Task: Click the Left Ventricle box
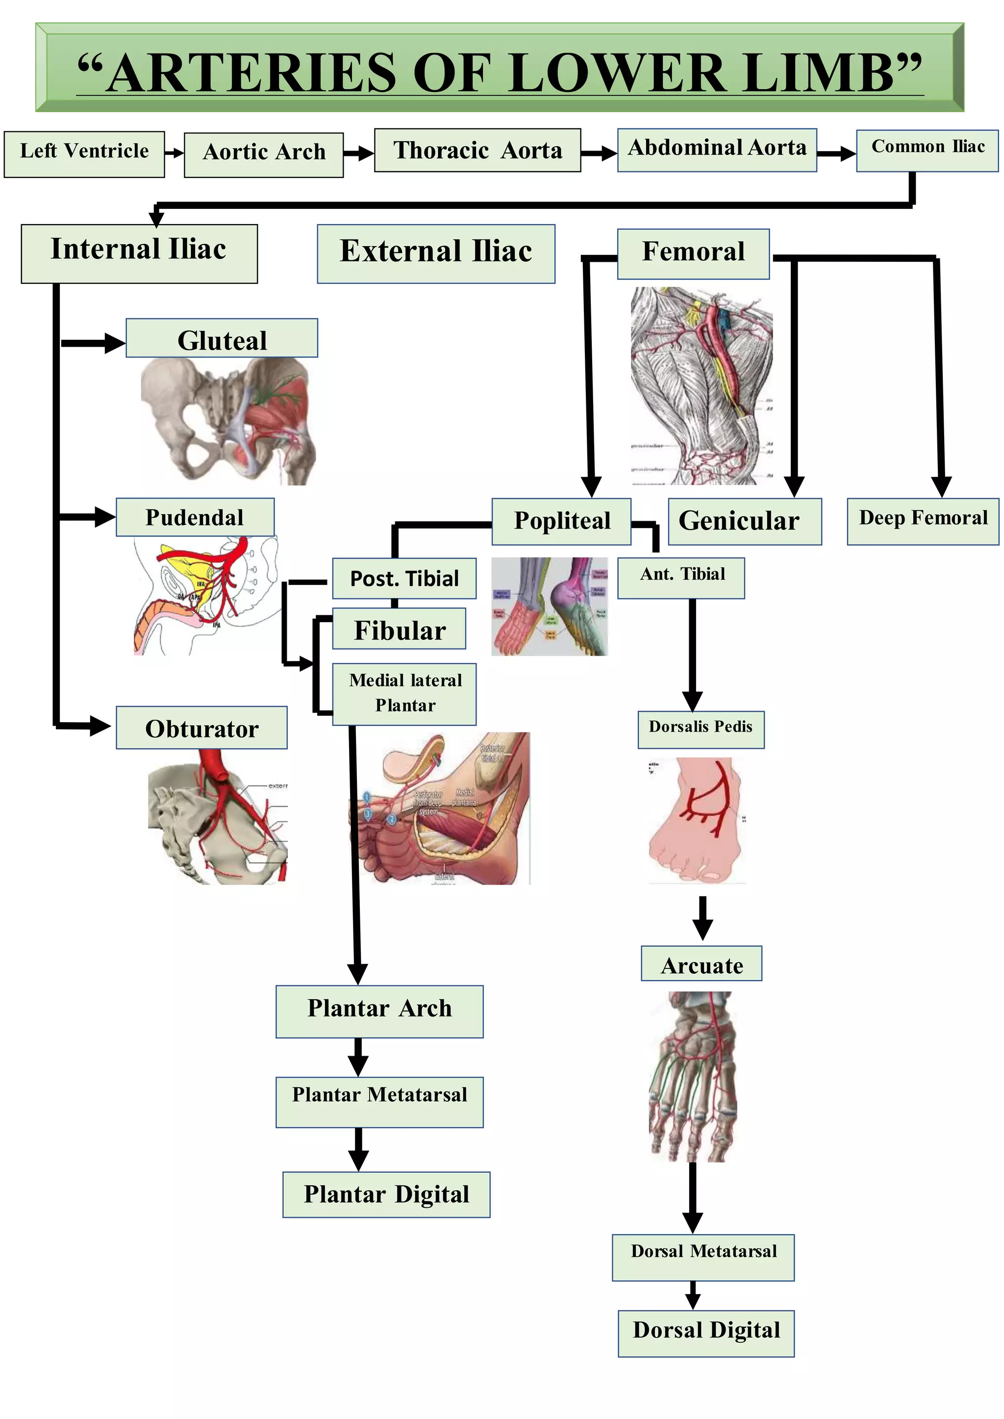tap(84, 154)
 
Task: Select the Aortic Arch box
tap(263, 154)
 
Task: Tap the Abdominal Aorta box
tap(717, 150)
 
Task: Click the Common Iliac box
tap(927, 150)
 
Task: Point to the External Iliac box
tap(436, 253)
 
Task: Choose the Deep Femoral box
tap(923, 521)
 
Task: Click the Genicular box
tap(744, 521)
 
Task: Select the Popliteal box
tap(561, 521)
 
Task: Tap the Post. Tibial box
tap(404, 578)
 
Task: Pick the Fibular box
tap(400, 628)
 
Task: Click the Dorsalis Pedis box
tap(701, 729)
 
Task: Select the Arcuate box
tap(701, 963)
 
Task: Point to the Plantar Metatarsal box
tap(379, 1101)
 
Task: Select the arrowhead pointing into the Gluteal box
tap(114, 343)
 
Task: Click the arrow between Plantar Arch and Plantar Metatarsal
tap(358, 1057)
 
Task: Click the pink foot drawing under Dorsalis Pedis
tap(696, 819)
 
